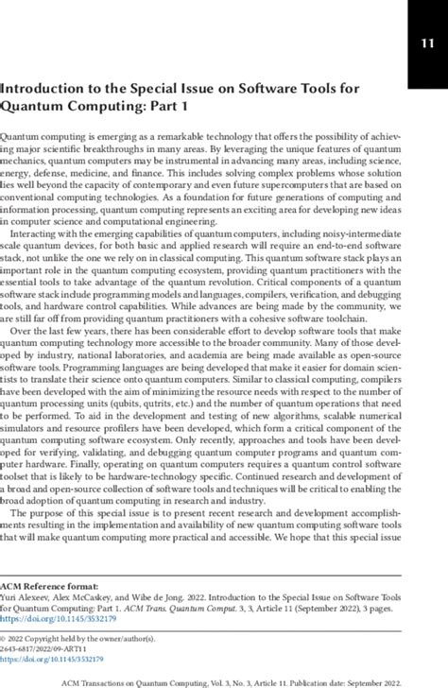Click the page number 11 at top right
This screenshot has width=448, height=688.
tap(422, 43)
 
